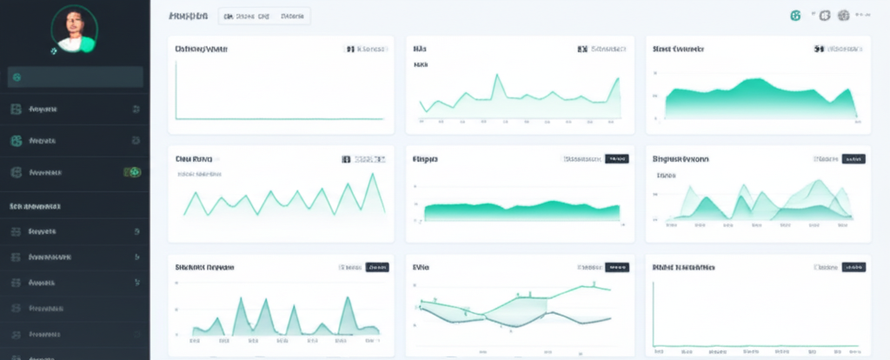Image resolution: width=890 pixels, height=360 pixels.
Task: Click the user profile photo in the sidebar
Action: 75,31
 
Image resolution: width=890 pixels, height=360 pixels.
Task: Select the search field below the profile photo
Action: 75,77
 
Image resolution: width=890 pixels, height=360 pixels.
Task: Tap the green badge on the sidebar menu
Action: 134,173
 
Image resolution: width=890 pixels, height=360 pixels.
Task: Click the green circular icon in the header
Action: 794,16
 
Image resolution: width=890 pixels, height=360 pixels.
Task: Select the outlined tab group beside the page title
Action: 263,16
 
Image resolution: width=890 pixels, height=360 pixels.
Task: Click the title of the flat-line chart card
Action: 202,50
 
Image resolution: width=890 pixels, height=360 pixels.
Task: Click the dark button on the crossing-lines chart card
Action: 617,268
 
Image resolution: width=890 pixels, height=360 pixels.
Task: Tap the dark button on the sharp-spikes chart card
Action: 377,268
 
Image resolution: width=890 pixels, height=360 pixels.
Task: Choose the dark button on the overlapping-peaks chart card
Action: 853,159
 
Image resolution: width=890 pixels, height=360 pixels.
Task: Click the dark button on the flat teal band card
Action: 617,159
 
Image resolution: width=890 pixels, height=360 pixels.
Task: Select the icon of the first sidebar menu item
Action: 15,110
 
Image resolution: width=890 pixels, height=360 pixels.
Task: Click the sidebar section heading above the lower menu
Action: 35,207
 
